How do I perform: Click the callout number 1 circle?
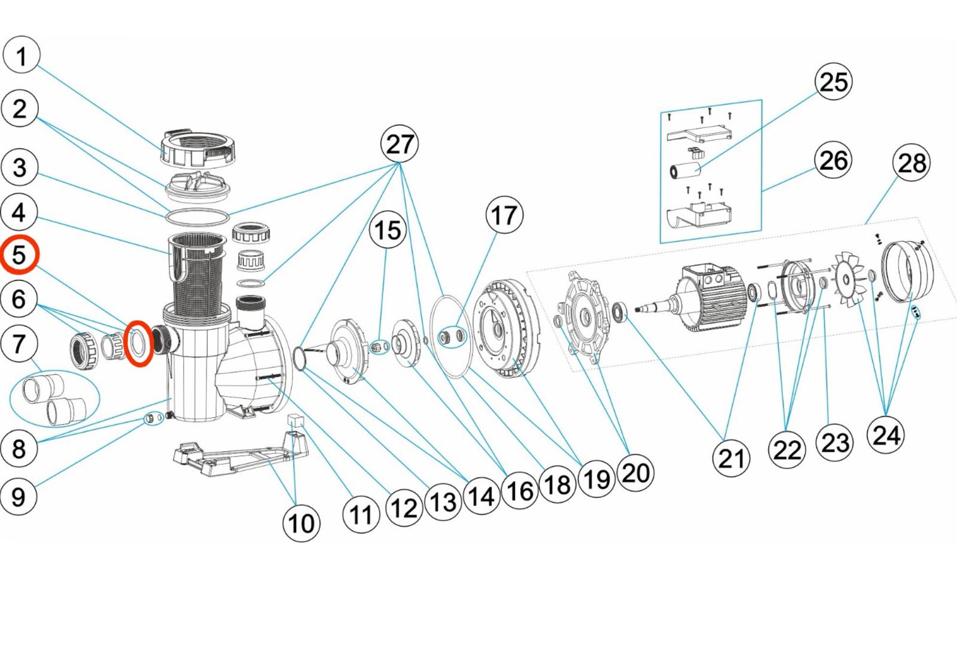pyautogui.click(x=22, y=55)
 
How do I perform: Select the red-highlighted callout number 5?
pyautogui.click(x=19, y=255)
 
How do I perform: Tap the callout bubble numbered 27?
pyautogui.click(x=400, y=144)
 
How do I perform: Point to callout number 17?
pyautogui.click(x=504, y=215)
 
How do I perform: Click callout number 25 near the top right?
pyautogui.click(x=834, y=82)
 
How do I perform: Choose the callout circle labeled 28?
pyautogui.click(x=912, y=163)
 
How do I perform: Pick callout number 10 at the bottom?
pyautogui.click(x=301, y=523)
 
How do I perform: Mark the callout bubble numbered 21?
pyautogui.click(x=731, y=458)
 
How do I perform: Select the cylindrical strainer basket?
pyautogui.click(x=197, y=275)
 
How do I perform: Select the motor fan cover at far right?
pyautogui.click(x=907, y=269)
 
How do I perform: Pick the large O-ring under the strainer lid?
pyautogui.click(x=197, y=216)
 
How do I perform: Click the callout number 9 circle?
pyautogui.click(x=19, y=496)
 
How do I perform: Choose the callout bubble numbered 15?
pyautogui.click(x=388, y=230)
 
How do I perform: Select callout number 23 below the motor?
pyautogui.click(x=835, y=443)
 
